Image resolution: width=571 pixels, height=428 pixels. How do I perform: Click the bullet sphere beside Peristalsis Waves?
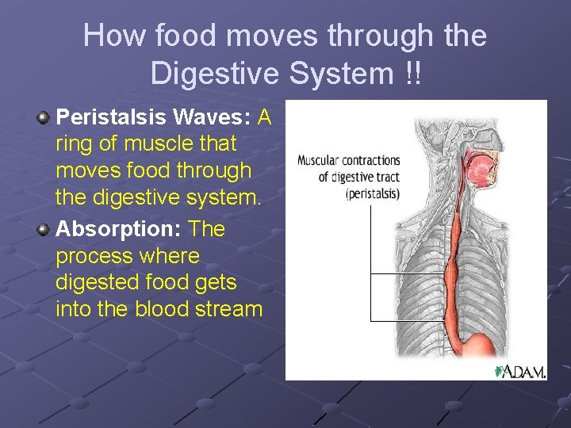(43, 118)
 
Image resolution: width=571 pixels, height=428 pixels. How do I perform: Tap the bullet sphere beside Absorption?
(43, 230)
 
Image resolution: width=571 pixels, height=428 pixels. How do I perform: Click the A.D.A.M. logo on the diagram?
(520, 371)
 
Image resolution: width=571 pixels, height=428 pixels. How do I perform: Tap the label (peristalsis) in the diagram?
(373, 193)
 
